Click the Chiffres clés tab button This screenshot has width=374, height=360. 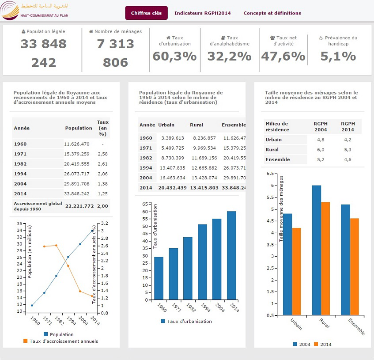(x=146, y=13)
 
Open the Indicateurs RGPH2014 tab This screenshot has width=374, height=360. (x=202, y=13)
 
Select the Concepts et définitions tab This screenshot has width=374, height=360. (x=272, y=13)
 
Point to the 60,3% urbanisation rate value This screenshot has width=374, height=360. (x=174, y=56)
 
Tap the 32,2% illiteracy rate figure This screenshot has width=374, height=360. (x=229, y=56)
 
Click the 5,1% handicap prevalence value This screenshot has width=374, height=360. (x=338, y=56)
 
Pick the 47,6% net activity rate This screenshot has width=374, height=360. (x=283, y=56)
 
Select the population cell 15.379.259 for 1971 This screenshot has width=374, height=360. (x=77, y=154)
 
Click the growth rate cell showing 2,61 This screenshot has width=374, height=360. (x=102, y=163)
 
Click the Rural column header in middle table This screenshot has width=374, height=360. (x=196, y=125)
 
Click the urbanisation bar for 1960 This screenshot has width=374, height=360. (x=159, y=278)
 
